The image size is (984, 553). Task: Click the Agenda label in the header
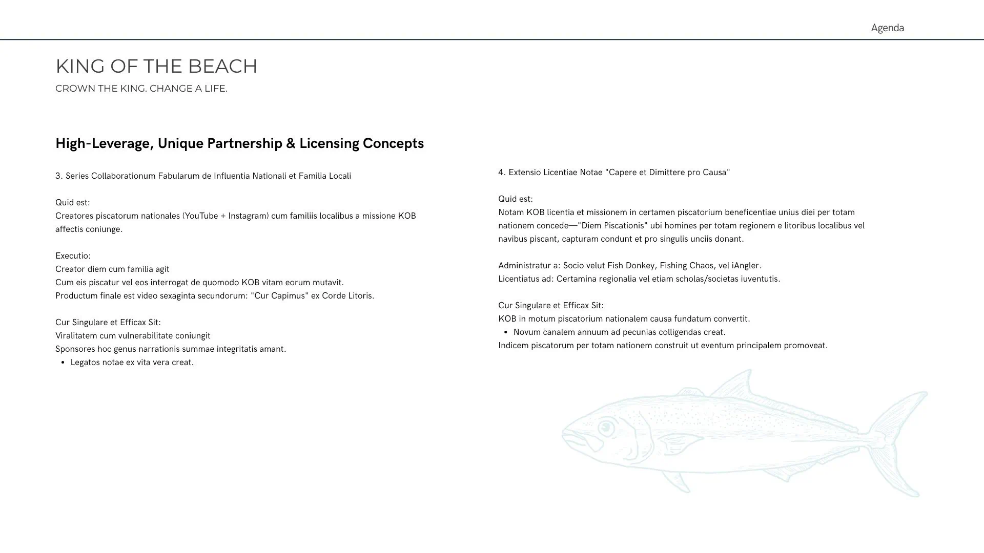click(887, 28)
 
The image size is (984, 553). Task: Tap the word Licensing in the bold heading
click(329, 143)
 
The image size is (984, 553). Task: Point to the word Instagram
click(248, 216)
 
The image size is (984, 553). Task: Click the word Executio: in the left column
click(73, 256)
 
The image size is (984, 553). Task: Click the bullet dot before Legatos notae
click(63, 363)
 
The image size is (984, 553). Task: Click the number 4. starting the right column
click(502, 173)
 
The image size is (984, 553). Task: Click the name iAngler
click(746, 266)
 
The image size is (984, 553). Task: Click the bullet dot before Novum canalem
click(506, 332)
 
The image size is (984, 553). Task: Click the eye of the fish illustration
click(606, 427)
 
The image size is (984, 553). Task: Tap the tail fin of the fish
click(902, 440)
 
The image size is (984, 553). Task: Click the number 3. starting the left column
click(59, 176)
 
